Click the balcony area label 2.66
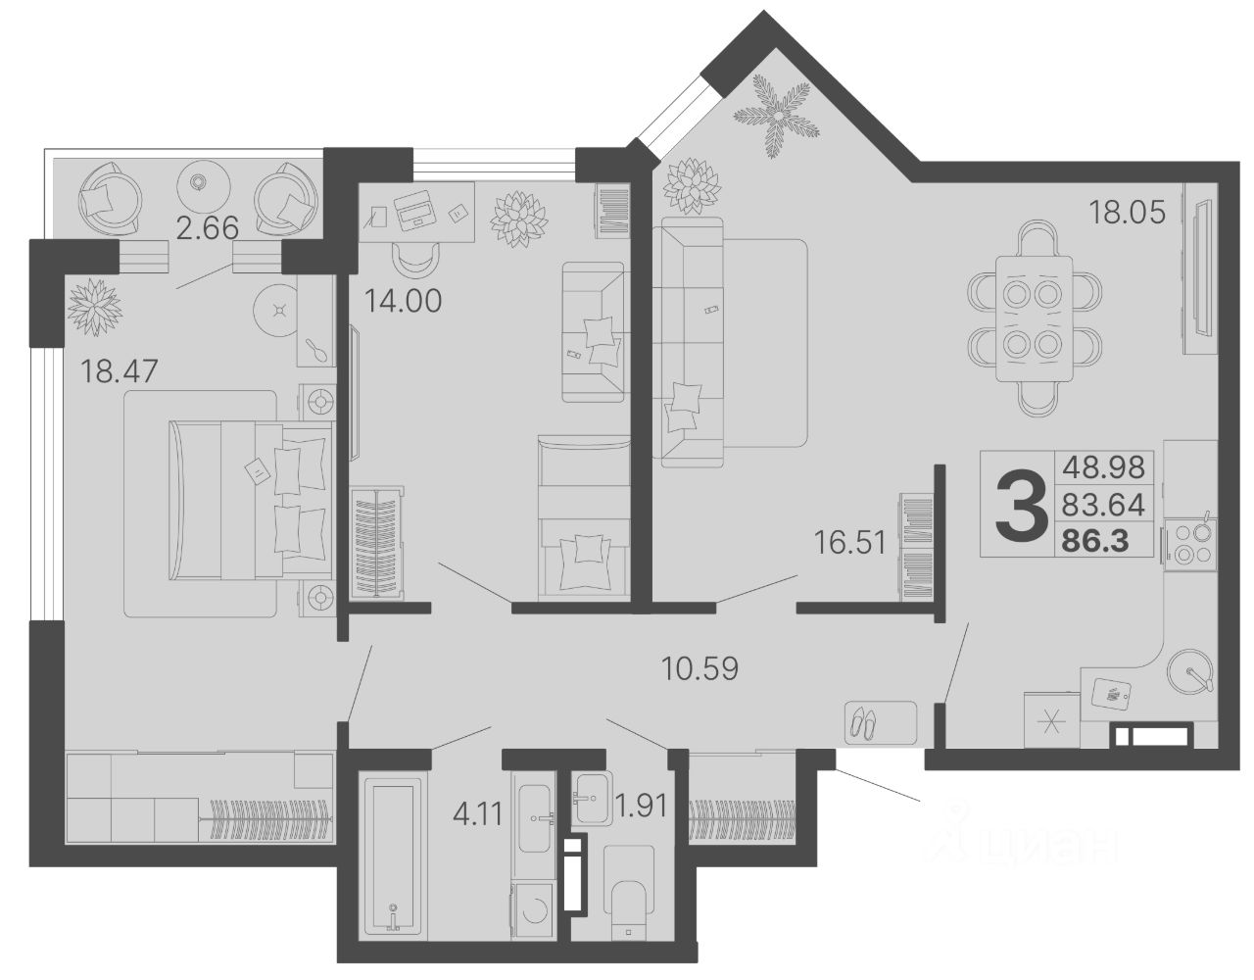207,228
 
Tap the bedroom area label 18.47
119,370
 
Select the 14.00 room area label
403,300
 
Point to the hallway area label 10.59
699,668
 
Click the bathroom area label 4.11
478,815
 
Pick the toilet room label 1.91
641,805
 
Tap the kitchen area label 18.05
1127,212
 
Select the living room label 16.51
849,542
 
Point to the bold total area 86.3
1094,541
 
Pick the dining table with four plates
1035,318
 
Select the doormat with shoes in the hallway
880,722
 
